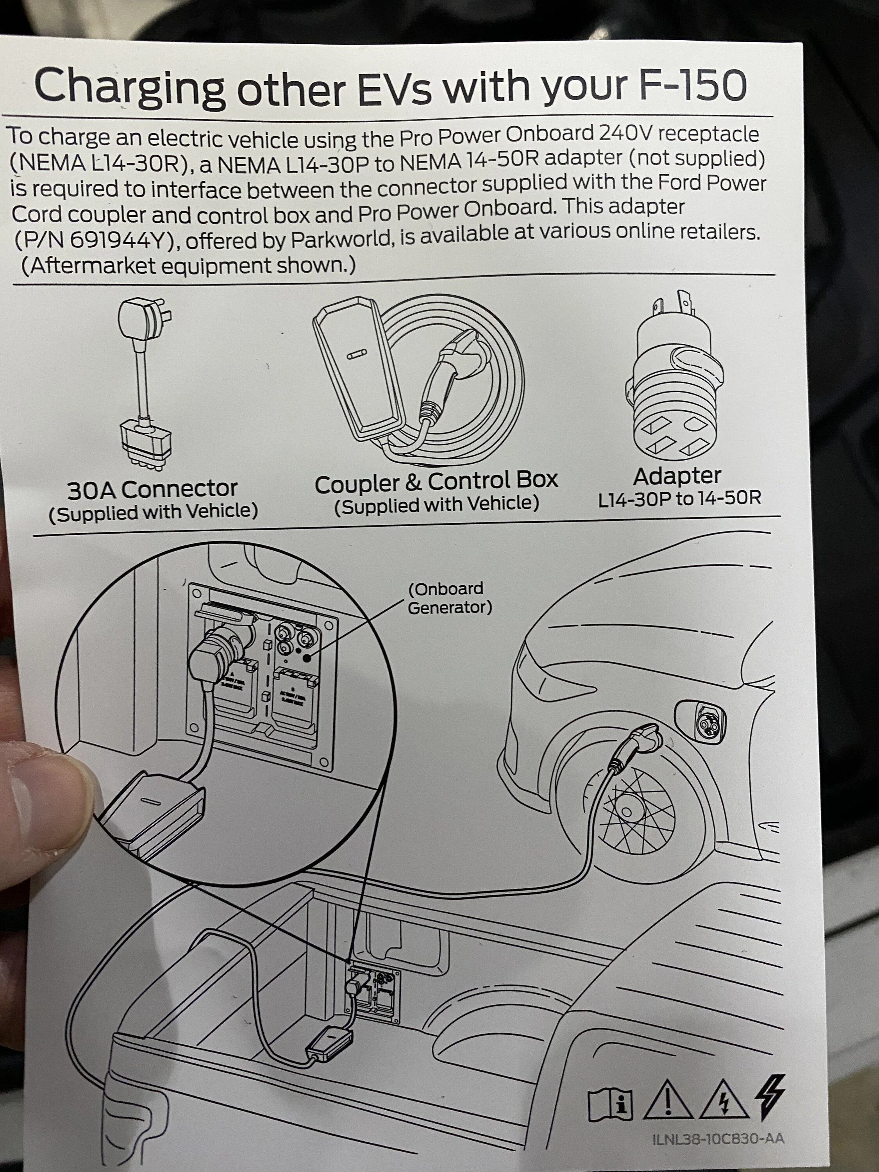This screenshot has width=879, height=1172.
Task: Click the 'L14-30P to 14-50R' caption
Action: click(679, 498)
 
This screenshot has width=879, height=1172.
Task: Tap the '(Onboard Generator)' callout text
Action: click(449, 598)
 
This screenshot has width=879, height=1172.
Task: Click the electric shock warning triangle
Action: click(725, 1100)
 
